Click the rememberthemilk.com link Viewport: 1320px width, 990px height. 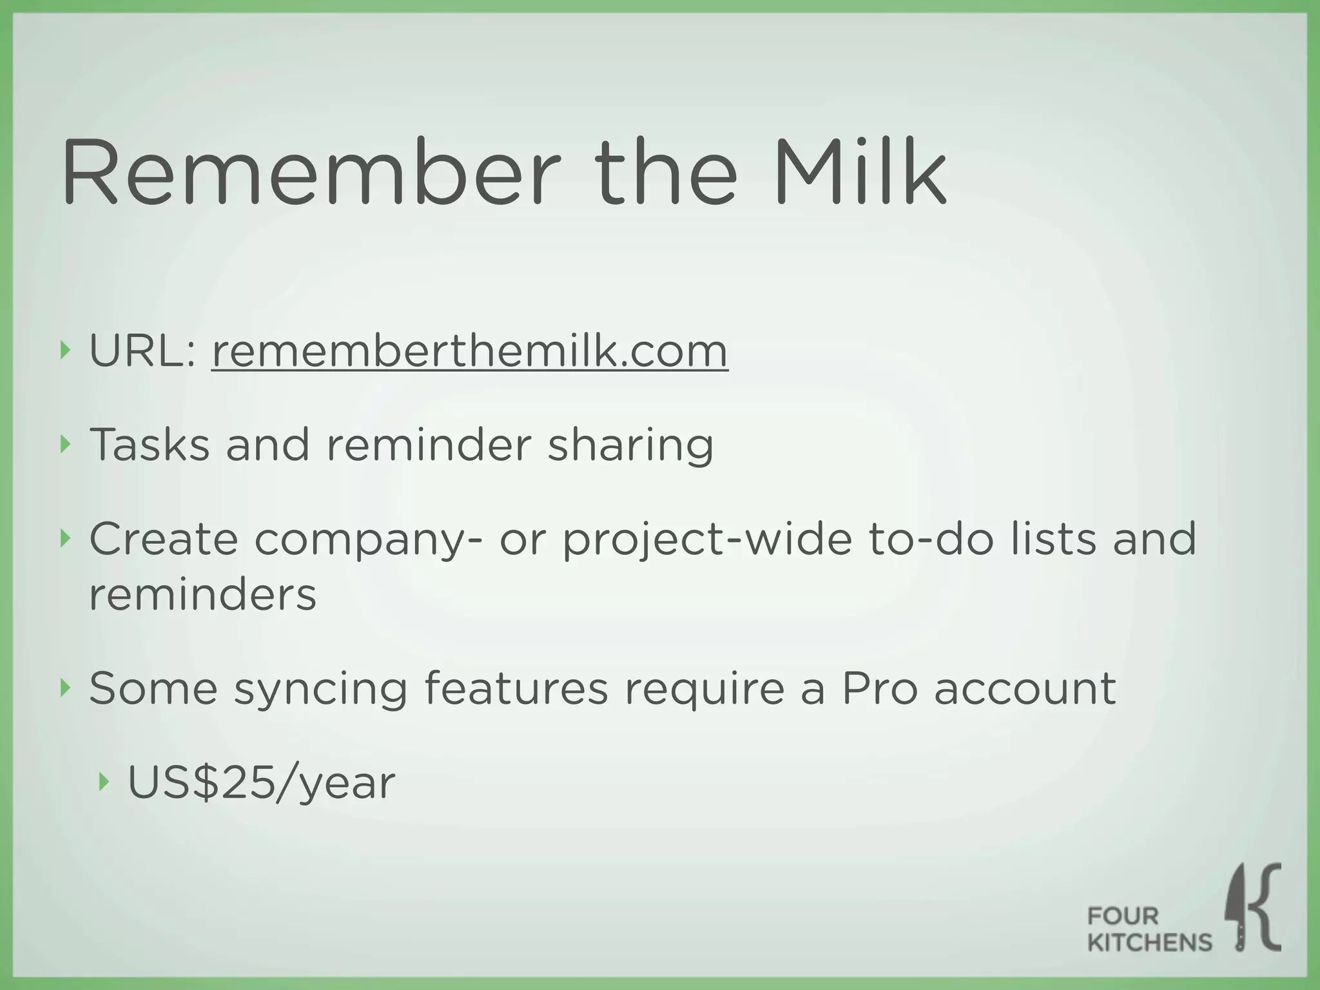point(469,352)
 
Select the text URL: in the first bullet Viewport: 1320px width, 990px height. point(142,352)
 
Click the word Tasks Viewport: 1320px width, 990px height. point(150,445)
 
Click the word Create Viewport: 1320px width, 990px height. point(164,539)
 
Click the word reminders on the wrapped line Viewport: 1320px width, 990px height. point(202,594)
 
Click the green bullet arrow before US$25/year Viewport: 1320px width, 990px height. point(104,782)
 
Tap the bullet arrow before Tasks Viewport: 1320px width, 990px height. point(64,444)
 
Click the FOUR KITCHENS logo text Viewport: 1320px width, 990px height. point(1149,929)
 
